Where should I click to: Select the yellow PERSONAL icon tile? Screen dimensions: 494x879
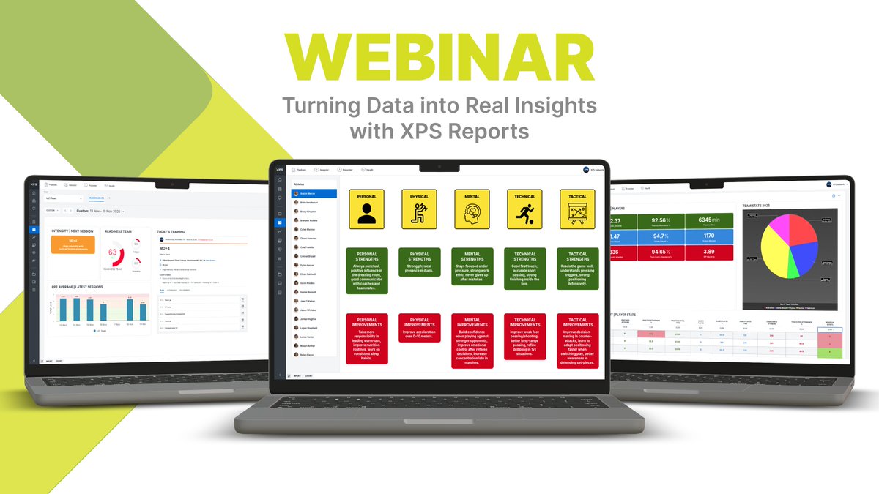click(x=367, y=209)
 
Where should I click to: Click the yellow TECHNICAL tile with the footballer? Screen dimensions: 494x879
click(x=524, y=209)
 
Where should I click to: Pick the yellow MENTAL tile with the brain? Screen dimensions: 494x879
click(x=472, y=209)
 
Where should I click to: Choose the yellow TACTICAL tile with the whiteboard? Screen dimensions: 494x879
click(x=577, y=209)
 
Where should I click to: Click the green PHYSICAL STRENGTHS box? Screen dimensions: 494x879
click(x=419, y=262)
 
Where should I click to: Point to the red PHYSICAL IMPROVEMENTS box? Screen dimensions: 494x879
click(x=419, y=328)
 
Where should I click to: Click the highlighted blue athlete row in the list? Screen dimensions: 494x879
click(x=315, y=193)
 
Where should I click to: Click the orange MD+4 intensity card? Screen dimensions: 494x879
click(x=73, y=244)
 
